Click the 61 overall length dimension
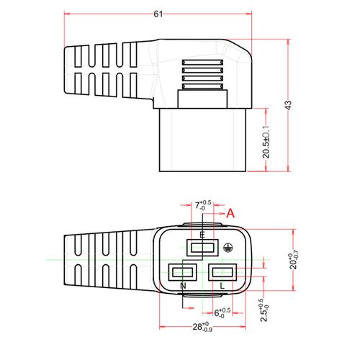pos(158,14)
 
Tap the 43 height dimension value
pos(289,105)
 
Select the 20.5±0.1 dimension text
pos(266,142)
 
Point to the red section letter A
pos(230,213)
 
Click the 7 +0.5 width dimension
pos(203,205)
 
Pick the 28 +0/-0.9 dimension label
pos(202,327)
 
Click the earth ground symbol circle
pos(228,248)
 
